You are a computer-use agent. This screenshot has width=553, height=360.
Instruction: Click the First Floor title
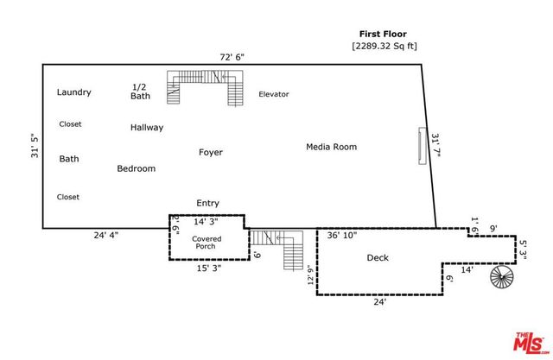(x=383, y=34)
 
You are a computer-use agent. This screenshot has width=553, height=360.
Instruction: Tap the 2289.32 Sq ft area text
(x=383, y=45)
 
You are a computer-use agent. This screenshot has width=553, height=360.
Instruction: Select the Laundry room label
(x=74, y=92)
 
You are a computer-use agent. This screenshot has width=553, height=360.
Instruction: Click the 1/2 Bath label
(x=140, y=92)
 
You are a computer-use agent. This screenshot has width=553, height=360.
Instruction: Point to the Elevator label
(x=274, y=94)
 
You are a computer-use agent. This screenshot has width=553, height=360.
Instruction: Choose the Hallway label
(x=147, y=128)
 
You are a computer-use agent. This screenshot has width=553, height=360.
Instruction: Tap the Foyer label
(x=211, y=152)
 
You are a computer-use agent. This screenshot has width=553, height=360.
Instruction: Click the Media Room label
(x=331, y=147)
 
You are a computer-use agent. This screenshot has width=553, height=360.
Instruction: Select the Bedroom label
(x=137, y=168)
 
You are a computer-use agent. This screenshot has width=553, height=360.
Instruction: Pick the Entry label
(x=207, y=203)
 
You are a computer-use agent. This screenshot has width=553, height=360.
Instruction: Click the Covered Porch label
(x=206, y=243)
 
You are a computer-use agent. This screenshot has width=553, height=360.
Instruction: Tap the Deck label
(x=378, y=258)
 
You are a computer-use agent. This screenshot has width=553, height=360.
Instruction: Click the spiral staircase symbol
(x=501, y=278)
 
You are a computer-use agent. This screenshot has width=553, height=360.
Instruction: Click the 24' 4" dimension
(x=108, y=235)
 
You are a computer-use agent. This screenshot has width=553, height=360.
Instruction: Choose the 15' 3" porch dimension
(x=207, y=268)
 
